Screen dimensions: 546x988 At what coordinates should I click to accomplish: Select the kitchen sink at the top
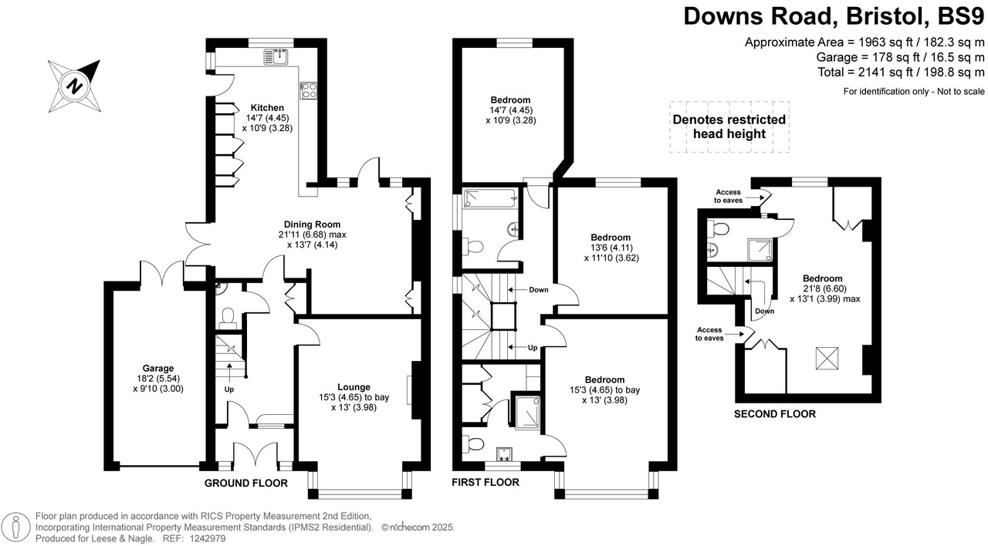coord(276,56)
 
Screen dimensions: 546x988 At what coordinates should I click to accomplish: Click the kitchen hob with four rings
coord(309,90)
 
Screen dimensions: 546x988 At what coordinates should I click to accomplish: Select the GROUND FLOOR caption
coord(245,484)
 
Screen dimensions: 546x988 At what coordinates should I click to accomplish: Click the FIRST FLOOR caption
coord(486,483)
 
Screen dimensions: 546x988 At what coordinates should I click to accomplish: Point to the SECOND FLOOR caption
coord(774,414)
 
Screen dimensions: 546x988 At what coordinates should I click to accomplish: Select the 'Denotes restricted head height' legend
coord(729,126)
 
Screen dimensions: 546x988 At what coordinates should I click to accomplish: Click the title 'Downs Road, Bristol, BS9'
coord(834,16)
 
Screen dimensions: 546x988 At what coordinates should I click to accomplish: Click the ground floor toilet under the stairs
coord(228,316)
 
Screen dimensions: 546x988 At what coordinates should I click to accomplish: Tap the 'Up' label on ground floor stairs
coord(229,389)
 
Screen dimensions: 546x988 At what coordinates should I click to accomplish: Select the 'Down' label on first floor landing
coord(539,290)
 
